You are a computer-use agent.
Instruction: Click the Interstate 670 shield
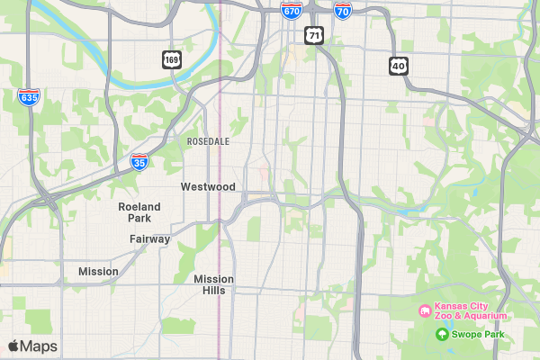pyautogui.click(x=291, y=10)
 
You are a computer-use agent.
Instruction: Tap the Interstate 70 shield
pyautogui.click(x=342, y=10)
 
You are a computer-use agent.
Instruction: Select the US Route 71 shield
pyautogui.click(x=312, y=35)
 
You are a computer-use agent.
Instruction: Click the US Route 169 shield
pyautogui.click(x=171, y=60)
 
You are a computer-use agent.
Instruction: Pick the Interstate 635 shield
pyautogui.click(x=29, y=96)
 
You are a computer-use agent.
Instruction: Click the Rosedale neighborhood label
pyautogui.click(x=208, y=142)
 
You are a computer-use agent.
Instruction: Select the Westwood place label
pyautogui.click(x=208, y=187)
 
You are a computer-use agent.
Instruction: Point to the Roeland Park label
pyautogui.click(x=139, y=212)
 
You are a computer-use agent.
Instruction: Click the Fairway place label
pyautogui.click(x=149, y=239)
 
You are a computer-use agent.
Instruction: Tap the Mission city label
pyautogui.click(x=98, y=272)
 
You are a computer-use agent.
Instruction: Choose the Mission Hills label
pyautogui.click(x=214, y=284)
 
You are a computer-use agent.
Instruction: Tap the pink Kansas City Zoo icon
pyautogui.click(x=423, y=311)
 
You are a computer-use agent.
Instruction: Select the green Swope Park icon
pyautogui.click(x=442, y=335)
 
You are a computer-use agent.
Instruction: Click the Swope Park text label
pyautogui.click(x=479, y=335)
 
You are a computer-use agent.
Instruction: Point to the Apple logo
pyautogui.click(x=13, y=346)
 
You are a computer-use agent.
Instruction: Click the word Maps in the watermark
pyautogui.click(x=40, y=346)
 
